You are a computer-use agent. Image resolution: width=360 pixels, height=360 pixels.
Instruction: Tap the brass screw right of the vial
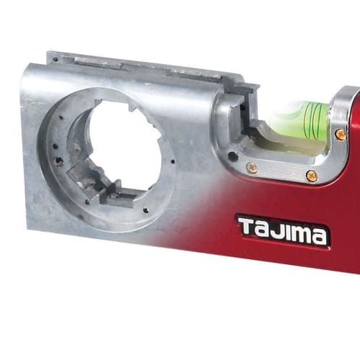point(340,134)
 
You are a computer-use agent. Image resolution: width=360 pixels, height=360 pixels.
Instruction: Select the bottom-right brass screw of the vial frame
point(311,175)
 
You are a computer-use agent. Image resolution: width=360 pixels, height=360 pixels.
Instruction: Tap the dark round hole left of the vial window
point(231,155)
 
